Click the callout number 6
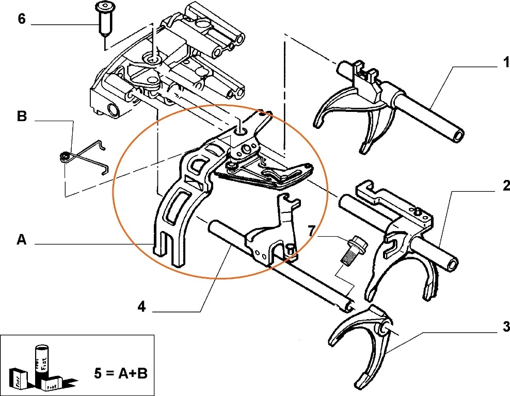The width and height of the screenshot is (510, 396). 21,20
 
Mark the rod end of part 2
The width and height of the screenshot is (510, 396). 451,264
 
